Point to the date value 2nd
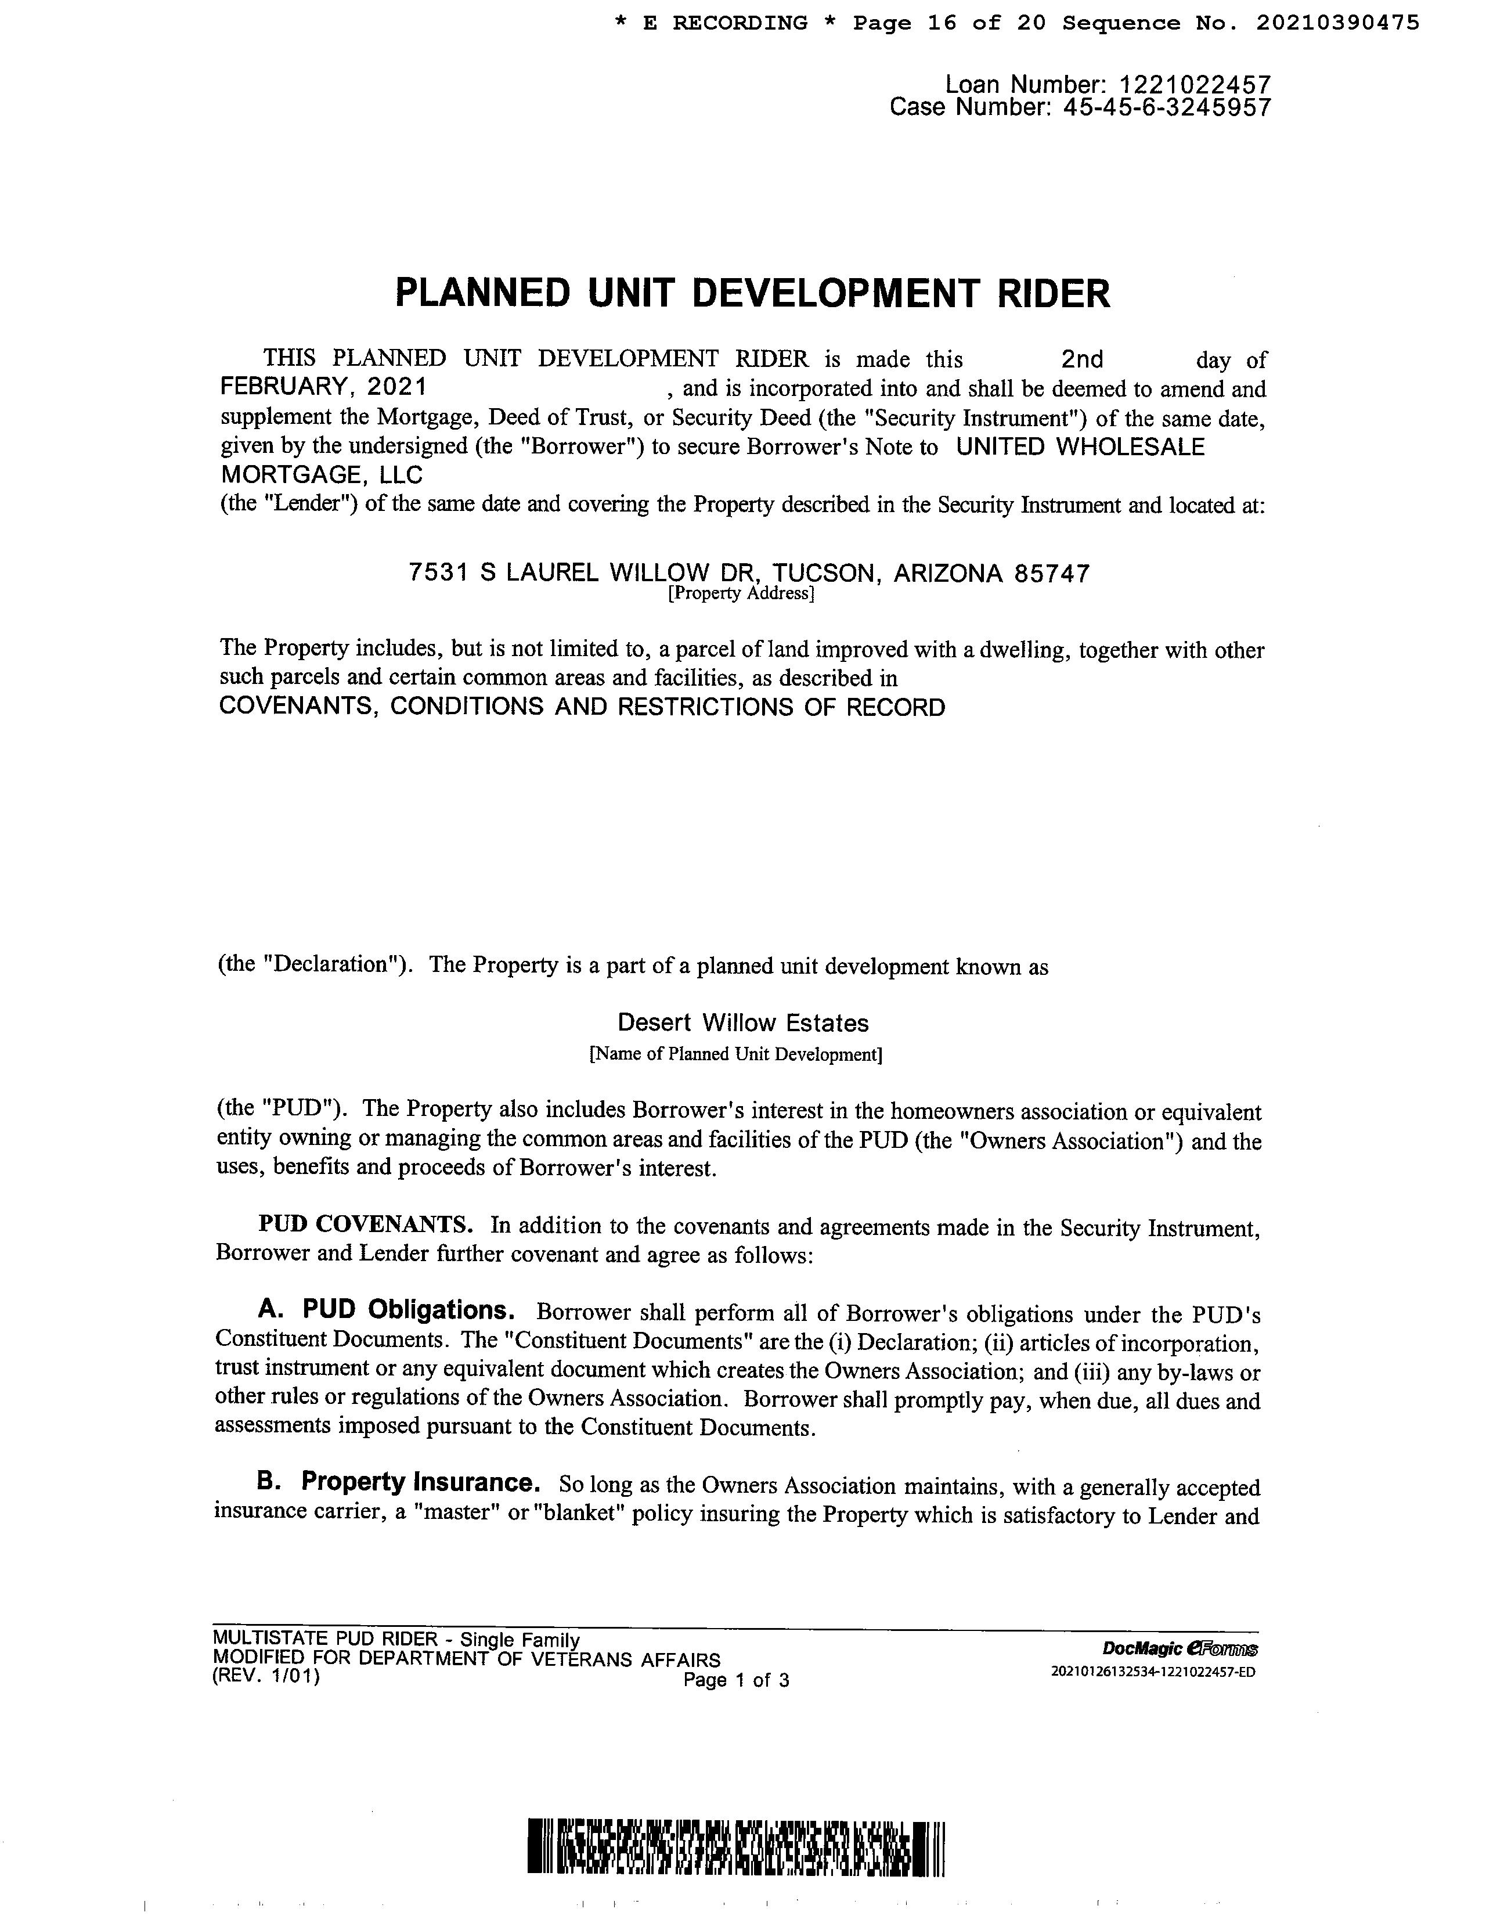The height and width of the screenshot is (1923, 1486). pos(1082,359)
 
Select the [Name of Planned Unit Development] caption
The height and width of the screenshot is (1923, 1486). pos(735,1054)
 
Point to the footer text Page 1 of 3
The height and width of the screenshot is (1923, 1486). pos(736,1680)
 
